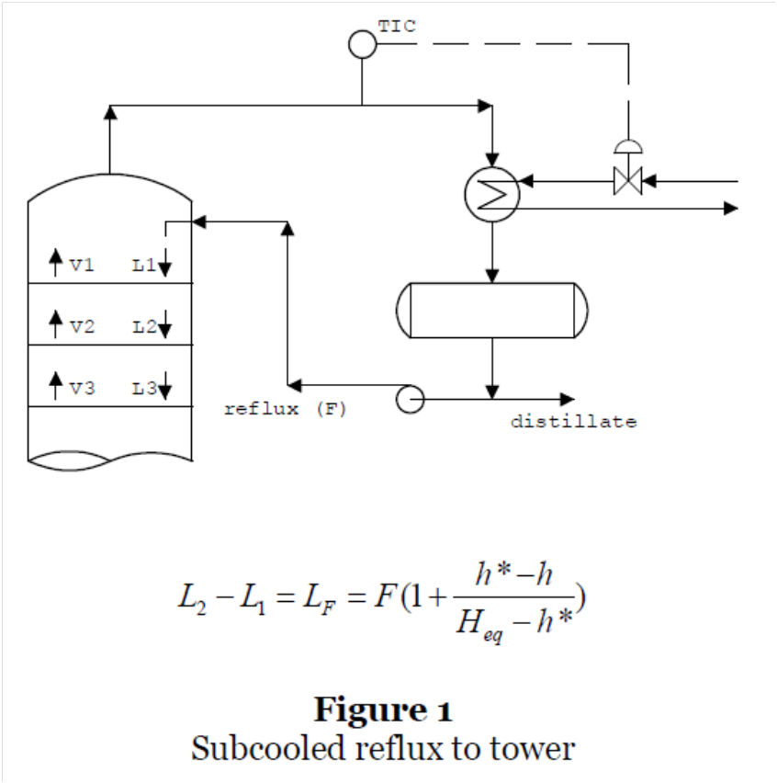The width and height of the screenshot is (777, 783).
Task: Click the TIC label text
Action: [x=397, y=27]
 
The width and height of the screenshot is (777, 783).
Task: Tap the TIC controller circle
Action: [x=363, y=44]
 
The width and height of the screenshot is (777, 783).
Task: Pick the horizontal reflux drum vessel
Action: [x=492, y=310]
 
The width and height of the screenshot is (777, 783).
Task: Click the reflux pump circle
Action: [x=409, y=399]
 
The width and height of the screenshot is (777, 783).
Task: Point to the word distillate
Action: [x=573, y=423]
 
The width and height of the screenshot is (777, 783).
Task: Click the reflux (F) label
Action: [x=286, y=410]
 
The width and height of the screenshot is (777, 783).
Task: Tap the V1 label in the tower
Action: [x=82, y=267]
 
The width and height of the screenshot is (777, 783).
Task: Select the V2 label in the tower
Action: [x=82, y=327]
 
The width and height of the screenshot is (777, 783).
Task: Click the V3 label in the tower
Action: [x=82, y=389]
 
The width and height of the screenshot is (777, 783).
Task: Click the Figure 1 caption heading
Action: [x=383, y=709]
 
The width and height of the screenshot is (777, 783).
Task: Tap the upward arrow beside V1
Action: [x=56, y=264]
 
